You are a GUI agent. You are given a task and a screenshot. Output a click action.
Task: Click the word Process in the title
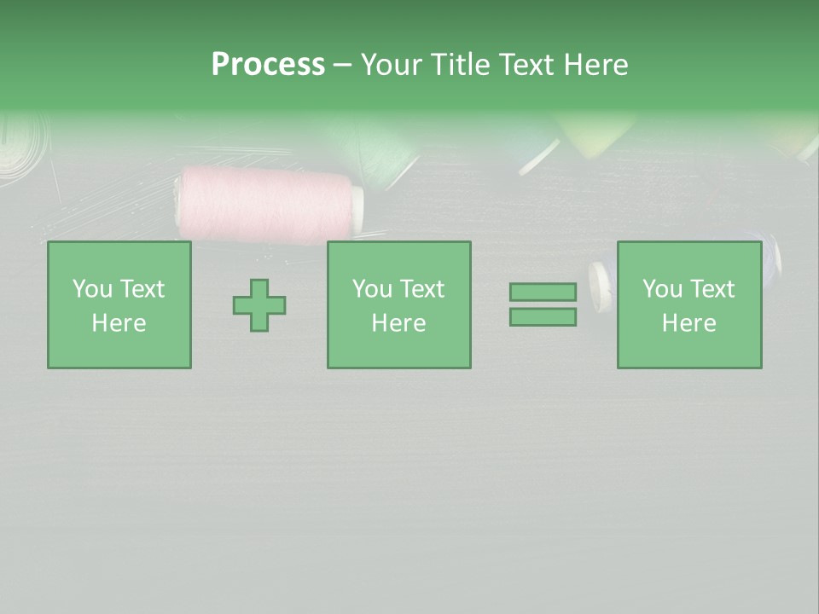[268, 65]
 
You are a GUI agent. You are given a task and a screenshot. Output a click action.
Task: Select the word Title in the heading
[459, 65]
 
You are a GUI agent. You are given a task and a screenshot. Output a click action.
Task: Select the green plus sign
[259, 305]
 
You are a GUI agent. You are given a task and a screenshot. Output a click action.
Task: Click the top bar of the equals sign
[543, 293]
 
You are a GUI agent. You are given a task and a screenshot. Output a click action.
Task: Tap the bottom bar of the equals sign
[543, 316]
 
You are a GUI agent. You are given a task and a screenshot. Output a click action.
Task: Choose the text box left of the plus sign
[119, 305]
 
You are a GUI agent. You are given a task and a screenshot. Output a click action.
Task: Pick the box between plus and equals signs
[399, 305]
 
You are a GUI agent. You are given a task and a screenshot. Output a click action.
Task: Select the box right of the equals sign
[689, 305]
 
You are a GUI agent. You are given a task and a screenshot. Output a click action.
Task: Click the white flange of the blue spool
[601, 286]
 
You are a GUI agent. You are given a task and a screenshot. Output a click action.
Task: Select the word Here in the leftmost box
[119, 323]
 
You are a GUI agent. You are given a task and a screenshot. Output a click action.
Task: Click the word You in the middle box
[372, 289]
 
